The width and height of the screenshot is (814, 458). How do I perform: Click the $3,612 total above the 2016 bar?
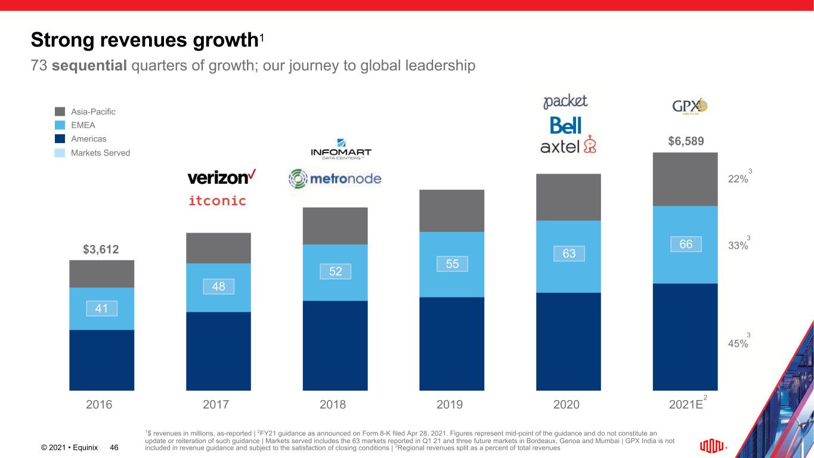click(101, 249)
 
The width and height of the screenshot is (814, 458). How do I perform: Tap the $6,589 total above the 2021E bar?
click(685, 141)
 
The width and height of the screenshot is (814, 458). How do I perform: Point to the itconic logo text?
click(217, 201)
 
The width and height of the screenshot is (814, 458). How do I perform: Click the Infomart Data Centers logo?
click(341, 149)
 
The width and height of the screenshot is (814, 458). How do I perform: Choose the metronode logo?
click(335, 178)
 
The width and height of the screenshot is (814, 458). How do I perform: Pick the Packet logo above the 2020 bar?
click(565, 101)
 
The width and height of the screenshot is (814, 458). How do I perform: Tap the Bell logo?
click(565, 125)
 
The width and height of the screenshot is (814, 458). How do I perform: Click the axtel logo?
click(568, 146)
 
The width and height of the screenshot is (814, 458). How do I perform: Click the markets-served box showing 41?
click(101, 308)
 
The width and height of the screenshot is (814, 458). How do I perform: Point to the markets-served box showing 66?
click(685, 244)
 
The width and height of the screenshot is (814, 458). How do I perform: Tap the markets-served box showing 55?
click(451, 264)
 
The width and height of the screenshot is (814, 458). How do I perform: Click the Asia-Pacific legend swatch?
click(60, 112)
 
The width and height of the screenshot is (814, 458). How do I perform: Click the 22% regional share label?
click(738, 180)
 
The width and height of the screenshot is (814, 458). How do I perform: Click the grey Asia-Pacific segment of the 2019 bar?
click(451, 211)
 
